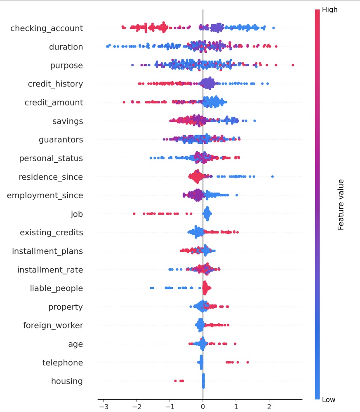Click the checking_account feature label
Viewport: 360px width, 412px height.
[x=47, y=28]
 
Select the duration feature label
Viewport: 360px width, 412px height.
[x=66, y=47]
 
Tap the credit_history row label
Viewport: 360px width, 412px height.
[x=55, y=84]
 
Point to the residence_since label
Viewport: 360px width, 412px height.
[x=51, y=177]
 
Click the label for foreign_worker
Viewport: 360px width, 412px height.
[x=53, y=325]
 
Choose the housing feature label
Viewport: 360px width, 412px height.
[x=67, y=382]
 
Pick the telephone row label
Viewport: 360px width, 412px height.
[x=63, y=363]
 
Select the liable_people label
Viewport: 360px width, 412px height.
[x=56, y=288]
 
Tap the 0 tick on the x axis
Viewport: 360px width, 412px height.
[x=203, y=406]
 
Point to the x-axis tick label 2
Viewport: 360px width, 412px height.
[x=269, y=406]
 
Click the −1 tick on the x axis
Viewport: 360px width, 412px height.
[x=169, y=406]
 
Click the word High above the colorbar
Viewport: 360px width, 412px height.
[x=329, y=9]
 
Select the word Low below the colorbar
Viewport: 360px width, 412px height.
[x=328, y=400]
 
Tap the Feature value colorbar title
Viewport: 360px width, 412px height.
[x=341, y=204]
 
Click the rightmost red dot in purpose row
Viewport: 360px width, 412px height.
[x=293, y=65]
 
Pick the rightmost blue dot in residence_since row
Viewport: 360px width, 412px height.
[x=273, y=176]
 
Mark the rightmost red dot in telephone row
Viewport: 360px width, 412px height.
[x=248, y=362]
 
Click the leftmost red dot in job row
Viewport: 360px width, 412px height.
[x=134, y=213]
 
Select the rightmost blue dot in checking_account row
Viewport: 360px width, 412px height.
[x=273, y=28]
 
